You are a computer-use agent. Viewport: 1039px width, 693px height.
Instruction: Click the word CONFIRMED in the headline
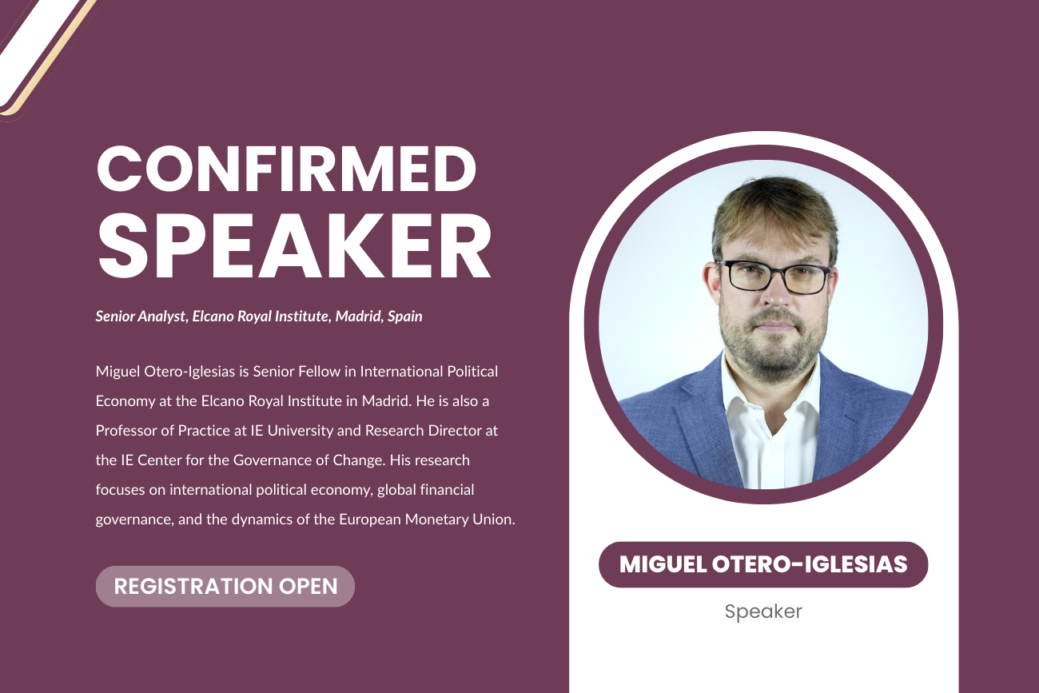[286, 169]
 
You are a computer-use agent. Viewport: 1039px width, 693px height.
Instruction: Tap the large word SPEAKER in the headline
[294, 246]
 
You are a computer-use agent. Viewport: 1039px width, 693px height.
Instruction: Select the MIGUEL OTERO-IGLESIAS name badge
[763, 564]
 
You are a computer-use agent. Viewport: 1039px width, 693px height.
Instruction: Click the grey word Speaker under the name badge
[763, 611]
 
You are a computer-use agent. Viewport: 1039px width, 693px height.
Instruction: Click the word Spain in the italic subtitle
[405, 317]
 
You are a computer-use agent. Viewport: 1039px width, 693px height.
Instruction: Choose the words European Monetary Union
[428, 519]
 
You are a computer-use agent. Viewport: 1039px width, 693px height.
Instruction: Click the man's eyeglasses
[773, 277]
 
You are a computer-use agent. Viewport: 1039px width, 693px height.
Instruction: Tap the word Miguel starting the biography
[117, 372]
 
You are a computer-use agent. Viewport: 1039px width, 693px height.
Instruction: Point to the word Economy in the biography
[125, 401]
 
